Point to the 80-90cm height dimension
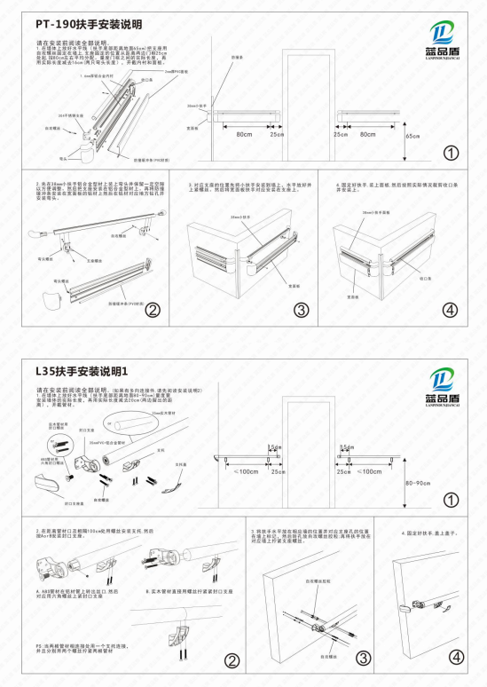(417, 484)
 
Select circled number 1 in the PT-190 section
(452, 153)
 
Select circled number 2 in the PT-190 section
(153, 310)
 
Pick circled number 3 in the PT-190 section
(301, 310)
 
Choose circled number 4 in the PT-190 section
(452, 310)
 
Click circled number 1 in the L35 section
(452, 501)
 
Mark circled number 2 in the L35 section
(231, 660)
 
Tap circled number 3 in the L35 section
(363, 658)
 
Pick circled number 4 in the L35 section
(456, 658)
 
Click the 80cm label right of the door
(365, 134)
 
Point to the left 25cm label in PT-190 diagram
(276, 134)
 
